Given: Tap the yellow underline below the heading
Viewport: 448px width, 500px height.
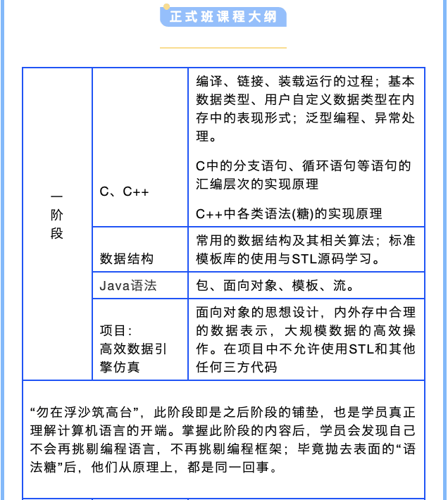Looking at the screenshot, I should click(x=223, y=48).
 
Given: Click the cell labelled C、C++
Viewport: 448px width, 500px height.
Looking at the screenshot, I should click(x=124, y=192).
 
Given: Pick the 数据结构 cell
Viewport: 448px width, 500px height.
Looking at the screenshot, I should click(x=127, y=258).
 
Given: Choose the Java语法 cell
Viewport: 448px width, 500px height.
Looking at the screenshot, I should click(x=127, y=285).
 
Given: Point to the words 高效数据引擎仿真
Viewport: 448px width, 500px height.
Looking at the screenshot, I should click(x=133, y=357).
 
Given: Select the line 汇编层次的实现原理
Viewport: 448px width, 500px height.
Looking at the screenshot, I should click(x=257, y=185).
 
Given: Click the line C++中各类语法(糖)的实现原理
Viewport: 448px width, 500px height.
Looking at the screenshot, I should click(x=289, y=213).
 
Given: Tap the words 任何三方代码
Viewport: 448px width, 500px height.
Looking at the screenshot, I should click(x=236, y=367).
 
